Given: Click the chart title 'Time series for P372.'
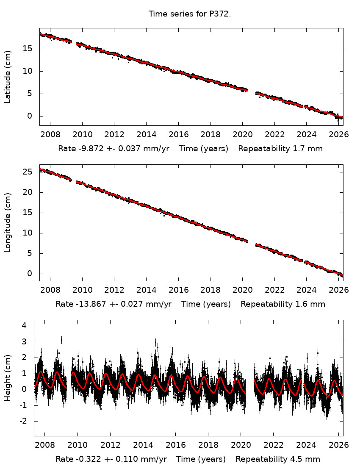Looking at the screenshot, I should point(190,14).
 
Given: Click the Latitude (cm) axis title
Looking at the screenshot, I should point(8,77).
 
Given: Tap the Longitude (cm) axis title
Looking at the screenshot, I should point(8,222).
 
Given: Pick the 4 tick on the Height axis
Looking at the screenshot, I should point(25,325).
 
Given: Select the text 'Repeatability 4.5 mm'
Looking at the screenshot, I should point(278,459).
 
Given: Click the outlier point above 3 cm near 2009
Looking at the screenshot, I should point(61,339).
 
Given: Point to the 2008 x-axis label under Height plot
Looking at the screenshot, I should point(45,445).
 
